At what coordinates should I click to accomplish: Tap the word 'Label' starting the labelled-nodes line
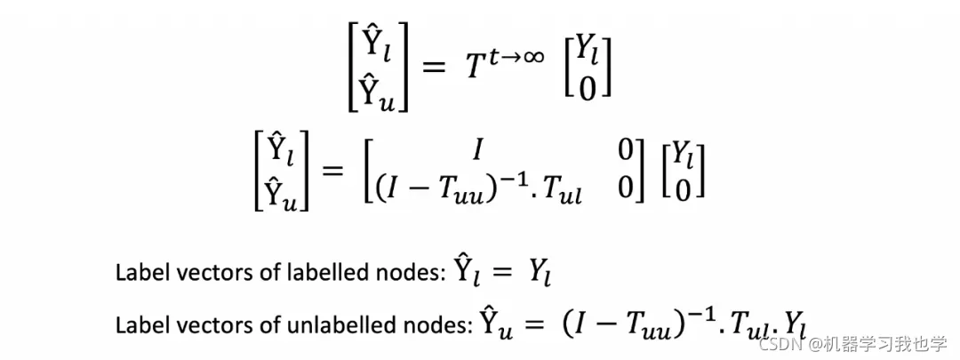136,273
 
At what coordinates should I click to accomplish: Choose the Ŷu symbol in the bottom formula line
495,324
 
